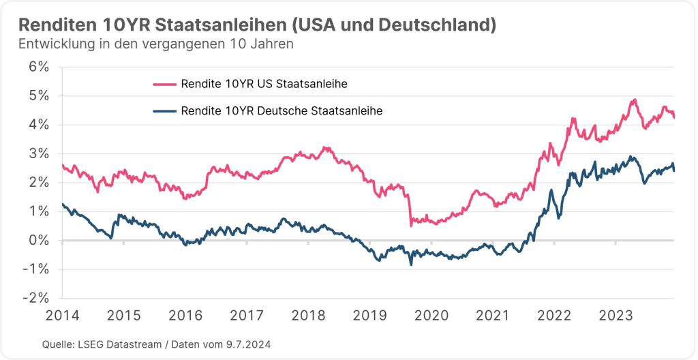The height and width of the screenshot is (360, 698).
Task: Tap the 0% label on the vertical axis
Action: pyautogui.click(x=40, y=240)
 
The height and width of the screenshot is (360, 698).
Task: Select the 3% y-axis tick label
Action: pyautogui.click(x=40, y=153)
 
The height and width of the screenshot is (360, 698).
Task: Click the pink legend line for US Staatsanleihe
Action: pyautogui.click(x=164, y=85)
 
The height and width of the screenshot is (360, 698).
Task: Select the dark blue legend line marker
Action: pyautogui.click(x=164, y=110)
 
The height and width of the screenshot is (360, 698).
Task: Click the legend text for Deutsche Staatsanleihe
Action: pyautogui.click(x=282, y=110)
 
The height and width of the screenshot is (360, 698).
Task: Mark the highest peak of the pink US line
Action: pyautogui.click(x=634, y=100)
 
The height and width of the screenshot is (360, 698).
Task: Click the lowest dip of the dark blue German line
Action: pyautogui.click(x=411, y=264)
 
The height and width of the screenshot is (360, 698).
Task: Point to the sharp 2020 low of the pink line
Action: pyautogui.click(x=411, y=225)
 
